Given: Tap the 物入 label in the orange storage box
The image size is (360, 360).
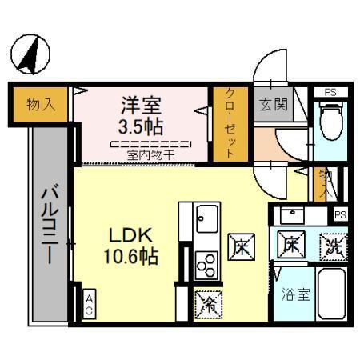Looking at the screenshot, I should coord(41,105).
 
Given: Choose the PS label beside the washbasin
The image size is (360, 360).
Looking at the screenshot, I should coord(340,214).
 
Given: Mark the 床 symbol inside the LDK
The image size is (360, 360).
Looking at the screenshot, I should coord(239,246).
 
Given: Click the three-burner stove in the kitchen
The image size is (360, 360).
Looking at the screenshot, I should coord(206,263).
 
